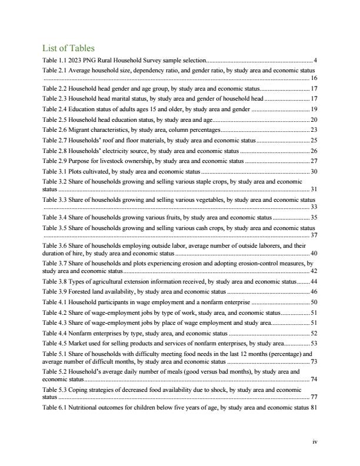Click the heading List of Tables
pos(68,48)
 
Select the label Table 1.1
pos(55,60)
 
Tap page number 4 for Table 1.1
pos(316,60)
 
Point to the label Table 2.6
pos(55,129)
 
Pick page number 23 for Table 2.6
pos(314,129)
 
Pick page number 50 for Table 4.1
pos(314,302)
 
